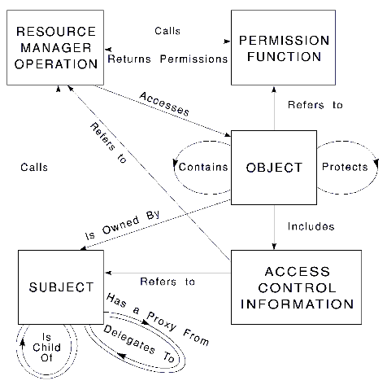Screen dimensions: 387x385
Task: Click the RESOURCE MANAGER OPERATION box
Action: pos(55,48)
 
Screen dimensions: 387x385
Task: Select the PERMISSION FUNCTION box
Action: pos(283,48)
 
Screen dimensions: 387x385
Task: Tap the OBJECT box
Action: pos(274,168)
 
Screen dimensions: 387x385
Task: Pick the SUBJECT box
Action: pos(61,287)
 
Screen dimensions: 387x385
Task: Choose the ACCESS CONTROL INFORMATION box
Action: pos(296,287)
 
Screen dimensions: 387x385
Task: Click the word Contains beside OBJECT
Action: pos(203,167)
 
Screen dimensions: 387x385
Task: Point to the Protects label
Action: pos(345,167)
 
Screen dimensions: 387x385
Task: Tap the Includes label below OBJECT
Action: pos(311,226)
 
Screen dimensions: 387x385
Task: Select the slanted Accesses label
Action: pos(164,104)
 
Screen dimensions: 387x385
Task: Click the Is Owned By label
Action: pos(123,225)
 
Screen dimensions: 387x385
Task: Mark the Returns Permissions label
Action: pos(167,59)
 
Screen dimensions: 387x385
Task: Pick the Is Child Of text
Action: pos(46,348)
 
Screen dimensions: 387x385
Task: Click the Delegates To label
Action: pos(139,343)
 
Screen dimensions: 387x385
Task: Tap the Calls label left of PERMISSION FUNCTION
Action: pos(167,31)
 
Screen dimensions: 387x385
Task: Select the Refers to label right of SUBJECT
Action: pos(167,282)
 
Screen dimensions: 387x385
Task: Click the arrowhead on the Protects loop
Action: pos(376,163)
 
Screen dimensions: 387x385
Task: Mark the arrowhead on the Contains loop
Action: pos(175,163)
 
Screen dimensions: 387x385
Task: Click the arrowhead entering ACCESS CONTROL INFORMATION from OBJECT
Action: pos(274,246)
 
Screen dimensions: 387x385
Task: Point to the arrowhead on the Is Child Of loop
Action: pos(23,343)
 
